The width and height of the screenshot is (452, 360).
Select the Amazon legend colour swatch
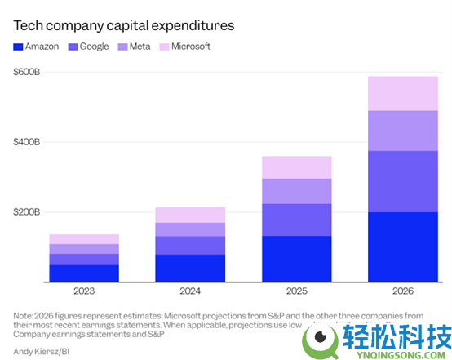pyautogui.click(x=19, y=47)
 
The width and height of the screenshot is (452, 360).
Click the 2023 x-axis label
pyautogui.click(x=84, y=291)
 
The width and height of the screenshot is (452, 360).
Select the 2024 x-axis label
pyautogui.click(x=189, y=291)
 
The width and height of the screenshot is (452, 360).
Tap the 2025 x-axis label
pyautogui.click(x=296, y=291)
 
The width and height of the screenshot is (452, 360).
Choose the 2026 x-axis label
pyautogui.click(x=402, y=291)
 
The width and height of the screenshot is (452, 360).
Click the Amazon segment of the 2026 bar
pyautogui.click(x=402, y=247)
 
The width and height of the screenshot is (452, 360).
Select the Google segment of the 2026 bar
pyautogui.click(x=402, y=181)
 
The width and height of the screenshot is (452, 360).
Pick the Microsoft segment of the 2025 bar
pyautogui.click(x=296, y=167)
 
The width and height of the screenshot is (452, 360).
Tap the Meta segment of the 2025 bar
pyautogui.click(x=296, y=191)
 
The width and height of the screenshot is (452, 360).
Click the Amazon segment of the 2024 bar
pyautogui.click(x=189, y=268)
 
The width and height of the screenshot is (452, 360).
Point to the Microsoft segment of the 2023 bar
pyautogui.click(x=84, y=238)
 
